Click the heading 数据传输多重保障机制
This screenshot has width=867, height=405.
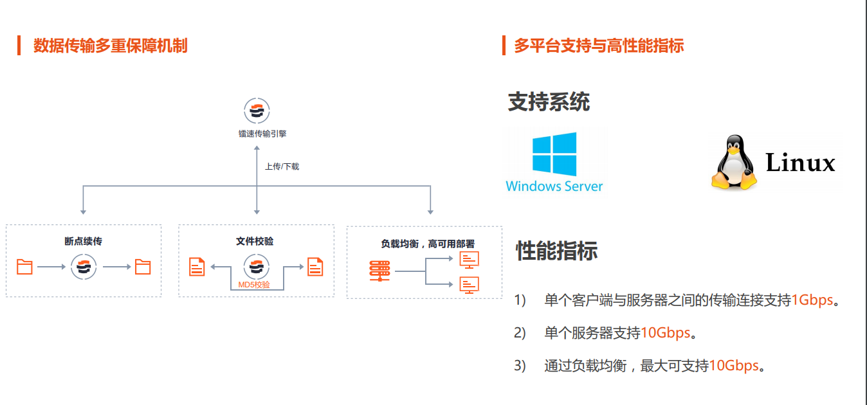click(x=110, y=46)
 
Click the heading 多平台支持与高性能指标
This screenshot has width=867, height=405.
click(x=598, y=46)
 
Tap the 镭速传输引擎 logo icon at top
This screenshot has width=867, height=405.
click(x=257, y=110)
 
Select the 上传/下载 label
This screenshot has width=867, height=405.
click(x=282, y=166)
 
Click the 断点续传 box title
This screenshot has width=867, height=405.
click(x=83, y=242)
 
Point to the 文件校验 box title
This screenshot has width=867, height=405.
click(x=255, y=242)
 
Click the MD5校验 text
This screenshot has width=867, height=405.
click(x=254, y=284)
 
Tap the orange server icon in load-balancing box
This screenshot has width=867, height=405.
click(x=379, y=271)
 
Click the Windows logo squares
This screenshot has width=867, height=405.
click(x=554, y=154)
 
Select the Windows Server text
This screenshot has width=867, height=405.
click(x=554, y=186)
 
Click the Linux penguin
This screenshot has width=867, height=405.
click(x=733, y=163)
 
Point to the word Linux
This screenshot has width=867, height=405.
click(x=800, y=163)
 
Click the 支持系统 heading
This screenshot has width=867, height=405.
click(x=549, y=102)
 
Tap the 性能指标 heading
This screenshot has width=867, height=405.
click(x=556, y=251)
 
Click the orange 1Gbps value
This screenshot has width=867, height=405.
click(x=812, y=300)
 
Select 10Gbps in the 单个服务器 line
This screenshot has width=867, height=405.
click(x=665, y=333)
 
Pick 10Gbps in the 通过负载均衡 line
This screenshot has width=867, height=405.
click(x=734, y=366)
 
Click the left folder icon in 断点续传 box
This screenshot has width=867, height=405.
click(x=24, y=266)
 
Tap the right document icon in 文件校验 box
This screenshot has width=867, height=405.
click(x=315, y=266)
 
